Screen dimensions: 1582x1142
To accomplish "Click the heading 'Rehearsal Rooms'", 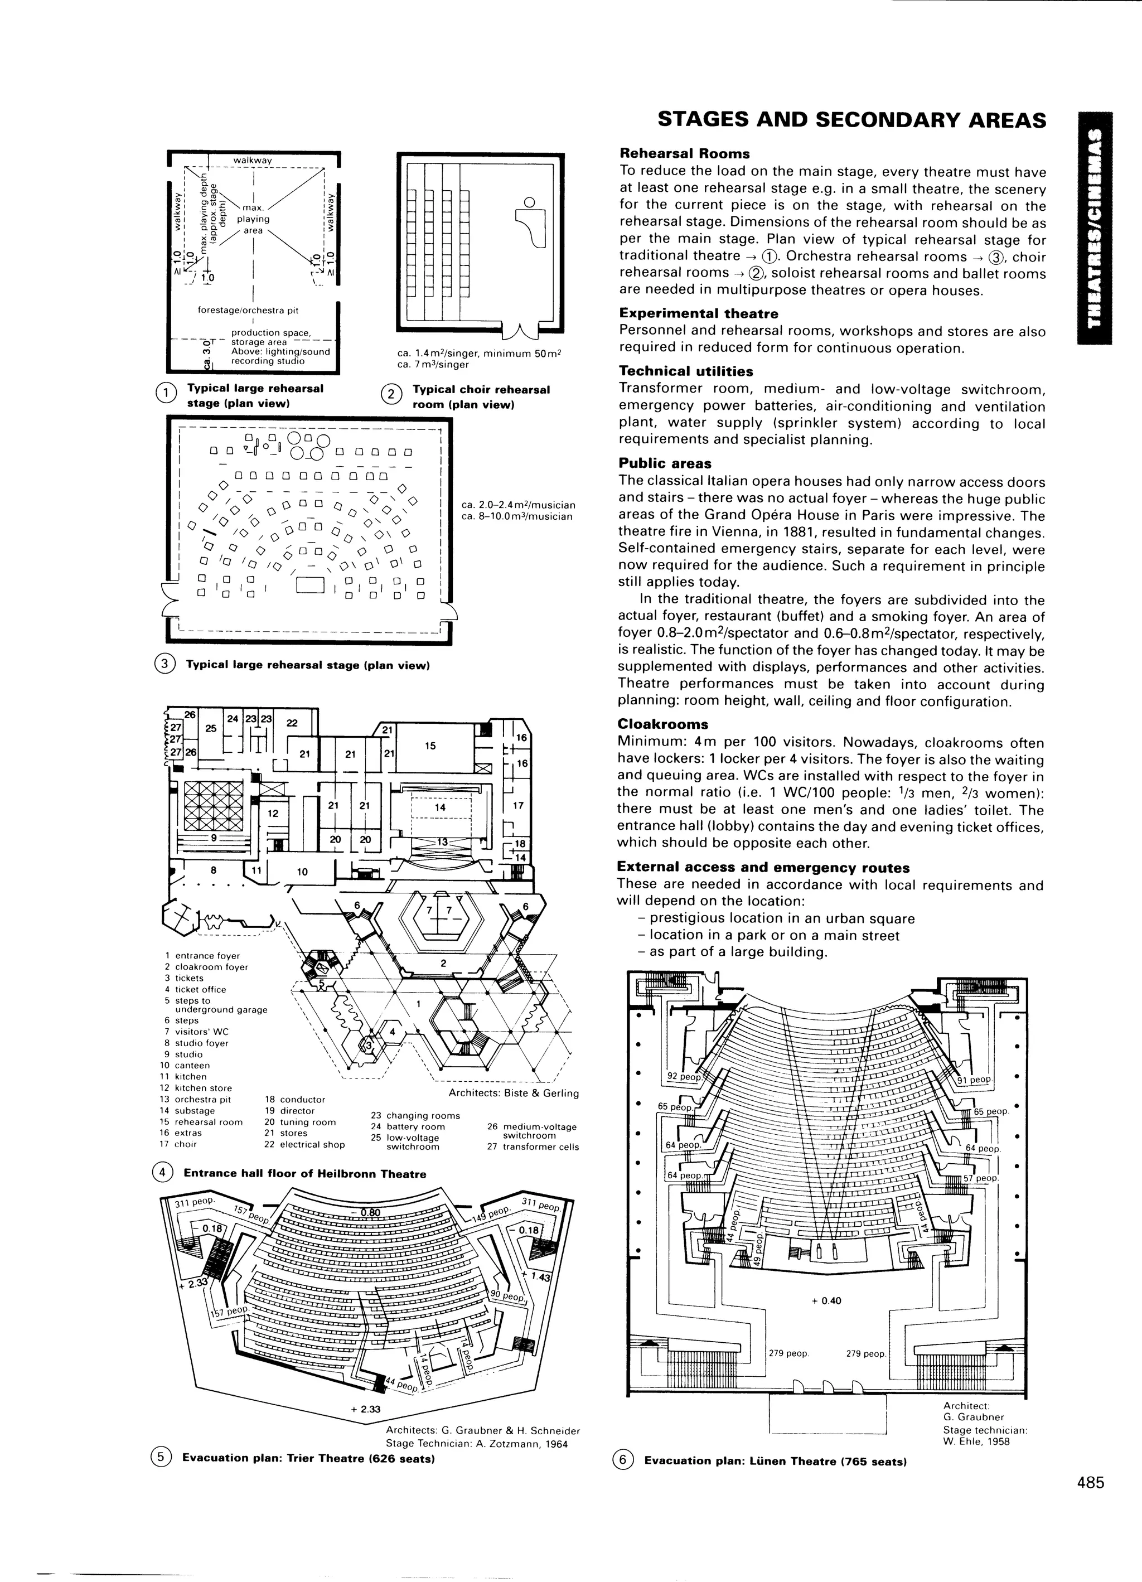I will point(684,153).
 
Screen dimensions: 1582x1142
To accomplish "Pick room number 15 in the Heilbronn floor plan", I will point(430,746).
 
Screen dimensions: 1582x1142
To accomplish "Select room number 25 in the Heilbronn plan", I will point(210,728).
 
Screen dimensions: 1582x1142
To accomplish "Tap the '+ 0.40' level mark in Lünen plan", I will point(827,1301).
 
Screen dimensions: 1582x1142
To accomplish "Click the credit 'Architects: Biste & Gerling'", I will point(514,1093).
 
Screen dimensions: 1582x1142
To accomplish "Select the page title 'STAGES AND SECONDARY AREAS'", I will point(852,120).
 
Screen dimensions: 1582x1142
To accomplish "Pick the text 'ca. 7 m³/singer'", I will point(433,364).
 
